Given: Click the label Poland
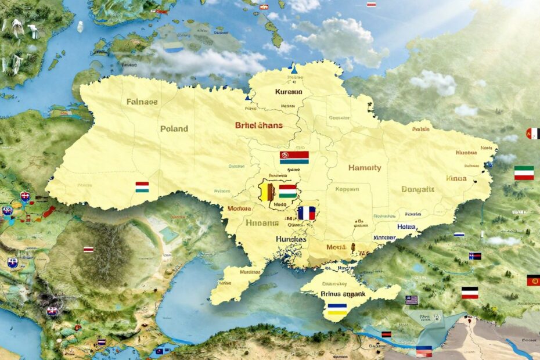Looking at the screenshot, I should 174,128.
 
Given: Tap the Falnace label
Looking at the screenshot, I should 142,102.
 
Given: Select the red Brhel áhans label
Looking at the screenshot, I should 258,125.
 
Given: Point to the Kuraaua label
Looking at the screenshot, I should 289,92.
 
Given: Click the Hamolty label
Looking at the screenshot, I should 365,168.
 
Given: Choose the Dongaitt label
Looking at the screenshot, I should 417,189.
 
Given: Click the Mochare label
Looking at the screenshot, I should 239,208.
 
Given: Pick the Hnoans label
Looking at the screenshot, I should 262,222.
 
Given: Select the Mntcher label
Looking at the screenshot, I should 384,237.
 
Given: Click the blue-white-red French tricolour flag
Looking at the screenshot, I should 306,213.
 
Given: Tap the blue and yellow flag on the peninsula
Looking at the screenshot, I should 337,309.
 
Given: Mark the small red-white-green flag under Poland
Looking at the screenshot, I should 142,187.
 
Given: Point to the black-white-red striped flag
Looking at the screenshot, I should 469,292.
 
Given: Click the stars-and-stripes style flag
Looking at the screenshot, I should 411,300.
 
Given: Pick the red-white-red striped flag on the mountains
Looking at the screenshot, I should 88,249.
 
